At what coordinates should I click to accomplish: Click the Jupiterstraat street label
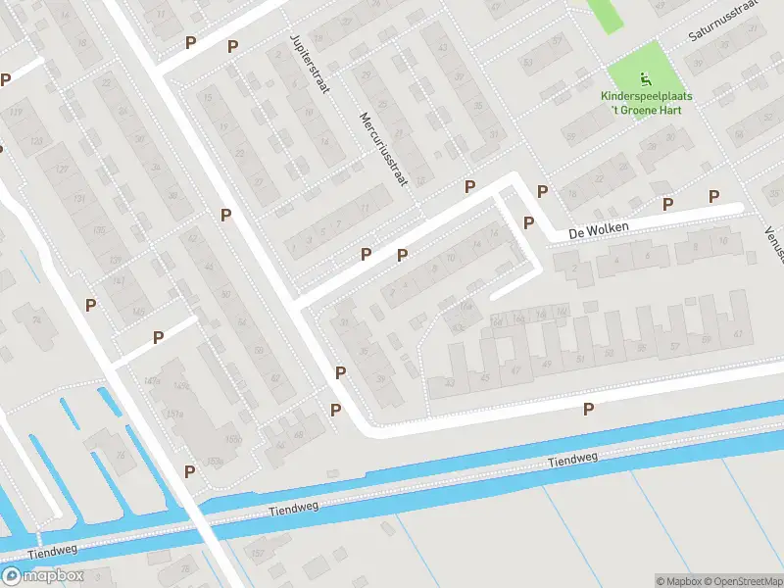tap(310, 63)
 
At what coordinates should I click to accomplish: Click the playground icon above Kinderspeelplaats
tap(644, 79)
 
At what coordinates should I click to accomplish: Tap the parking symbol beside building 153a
tap(189, 471)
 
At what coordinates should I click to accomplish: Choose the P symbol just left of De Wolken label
tap(529, 222)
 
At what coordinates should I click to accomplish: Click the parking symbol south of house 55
tap(589, 409)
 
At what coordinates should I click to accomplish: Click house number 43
tap(449, 383)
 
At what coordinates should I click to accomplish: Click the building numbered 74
tap(37, 319)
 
